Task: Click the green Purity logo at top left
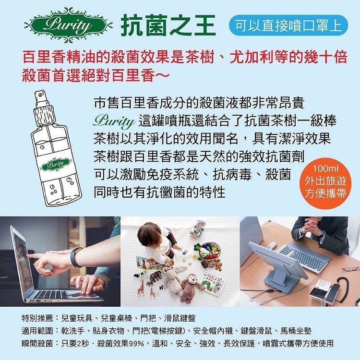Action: (x=68, y=25)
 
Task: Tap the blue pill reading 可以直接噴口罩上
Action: (x=288, y=25)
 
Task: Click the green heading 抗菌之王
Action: (x=168, y=25)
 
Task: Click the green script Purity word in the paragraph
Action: (x=114, y=121)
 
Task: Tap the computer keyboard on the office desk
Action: (x=304, y=256)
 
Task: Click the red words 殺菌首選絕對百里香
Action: (x=89, y=75)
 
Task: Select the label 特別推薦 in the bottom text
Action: (x=37, y=318)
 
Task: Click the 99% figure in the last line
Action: (x=137, y=344)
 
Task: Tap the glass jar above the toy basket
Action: (x=197, y=228)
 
